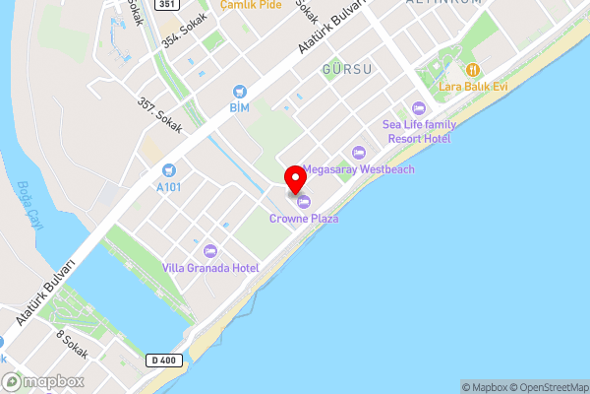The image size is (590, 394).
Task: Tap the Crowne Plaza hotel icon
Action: tap(303, 202)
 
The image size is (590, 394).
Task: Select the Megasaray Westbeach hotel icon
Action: tap(358, 152)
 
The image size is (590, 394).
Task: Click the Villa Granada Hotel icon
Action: tap(209, 251)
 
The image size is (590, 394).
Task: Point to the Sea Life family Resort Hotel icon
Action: tap(418, 107)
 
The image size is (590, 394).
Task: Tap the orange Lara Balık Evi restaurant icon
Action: tap(472, 70)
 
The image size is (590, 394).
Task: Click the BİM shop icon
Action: tap(238, 90)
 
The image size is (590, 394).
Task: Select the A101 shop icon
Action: tap(168, 170)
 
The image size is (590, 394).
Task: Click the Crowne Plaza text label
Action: tap(304, 219)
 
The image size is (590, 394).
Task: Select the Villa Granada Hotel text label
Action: tap(210, 268)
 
